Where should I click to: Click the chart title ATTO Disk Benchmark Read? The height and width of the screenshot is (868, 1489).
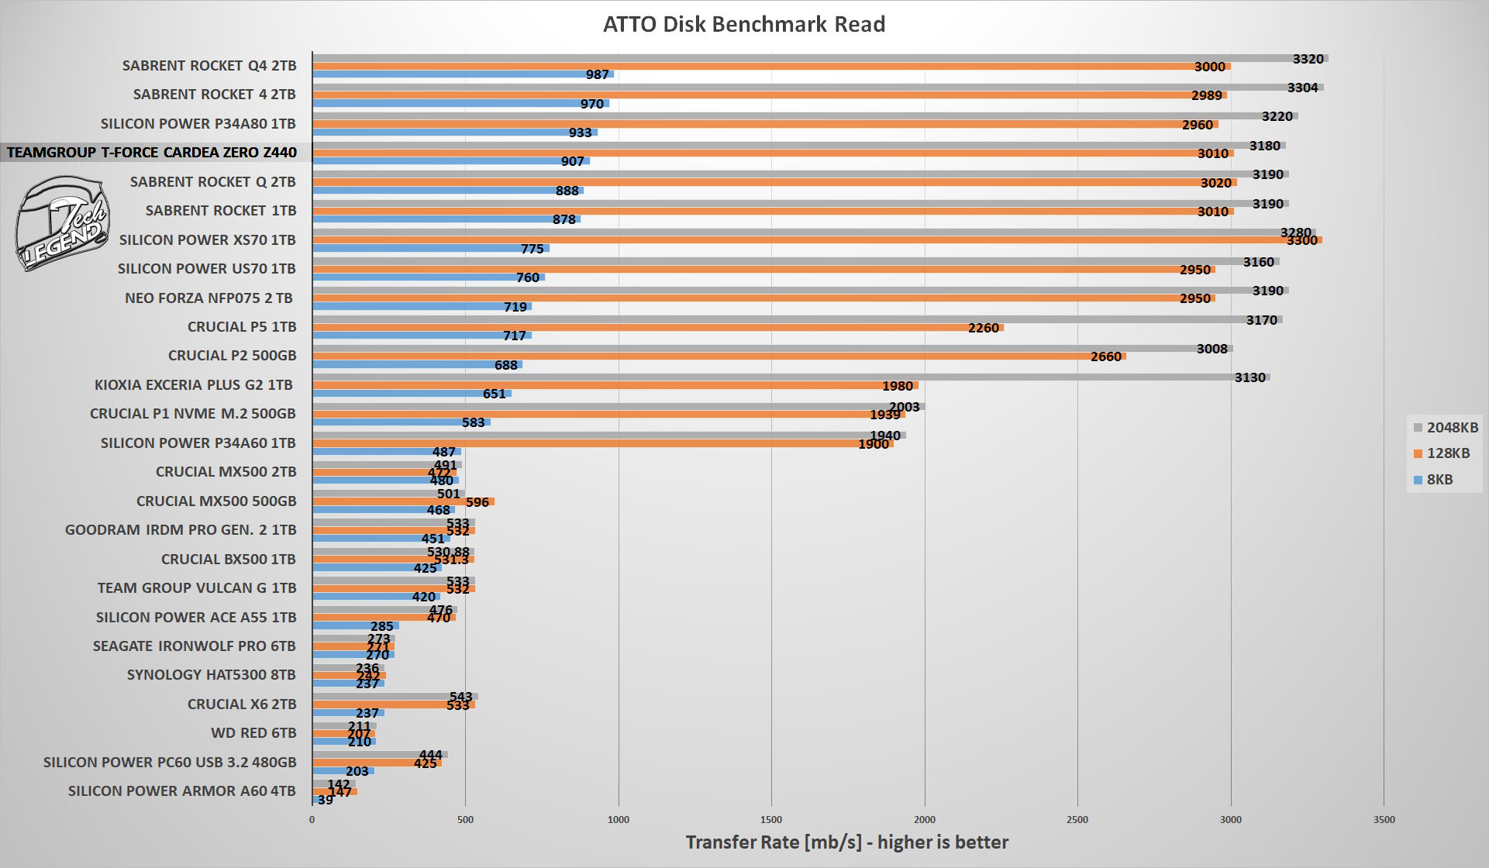(744, 25)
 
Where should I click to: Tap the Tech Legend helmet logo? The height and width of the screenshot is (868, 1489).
(62, 223)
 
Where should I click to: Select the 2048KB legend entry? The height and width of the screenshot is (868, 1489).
(1446, 427)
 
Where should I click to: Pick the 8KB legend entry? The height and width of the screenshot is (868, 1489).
(1433, 480)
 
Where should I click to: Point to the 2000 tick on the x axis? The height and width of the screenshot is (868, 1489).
(925, 819)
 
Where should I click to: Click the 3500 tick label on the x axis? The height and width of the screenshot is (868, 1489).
(1384, 819)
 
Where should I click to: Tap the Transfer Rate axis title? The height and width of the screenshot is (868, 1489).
(846, 842)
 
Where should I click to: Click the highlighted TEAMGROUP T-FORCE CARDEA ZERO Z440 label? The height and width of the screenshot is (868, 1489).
(152, 153)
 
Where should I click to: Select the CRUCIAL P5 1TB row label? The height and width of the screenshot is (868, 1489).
(242, 327)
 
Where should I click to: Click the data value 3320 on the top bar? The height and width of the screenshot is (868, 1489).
(1308, 59)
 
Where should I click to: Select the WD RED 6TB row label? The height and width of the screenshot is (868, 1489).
(253, 733)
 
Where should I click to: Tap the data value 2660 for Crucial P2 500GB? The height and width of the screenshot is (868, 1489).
(1105, 356)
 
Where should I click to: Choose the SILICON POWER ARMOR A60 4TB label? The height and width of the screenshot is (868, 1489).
(182, 791)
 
